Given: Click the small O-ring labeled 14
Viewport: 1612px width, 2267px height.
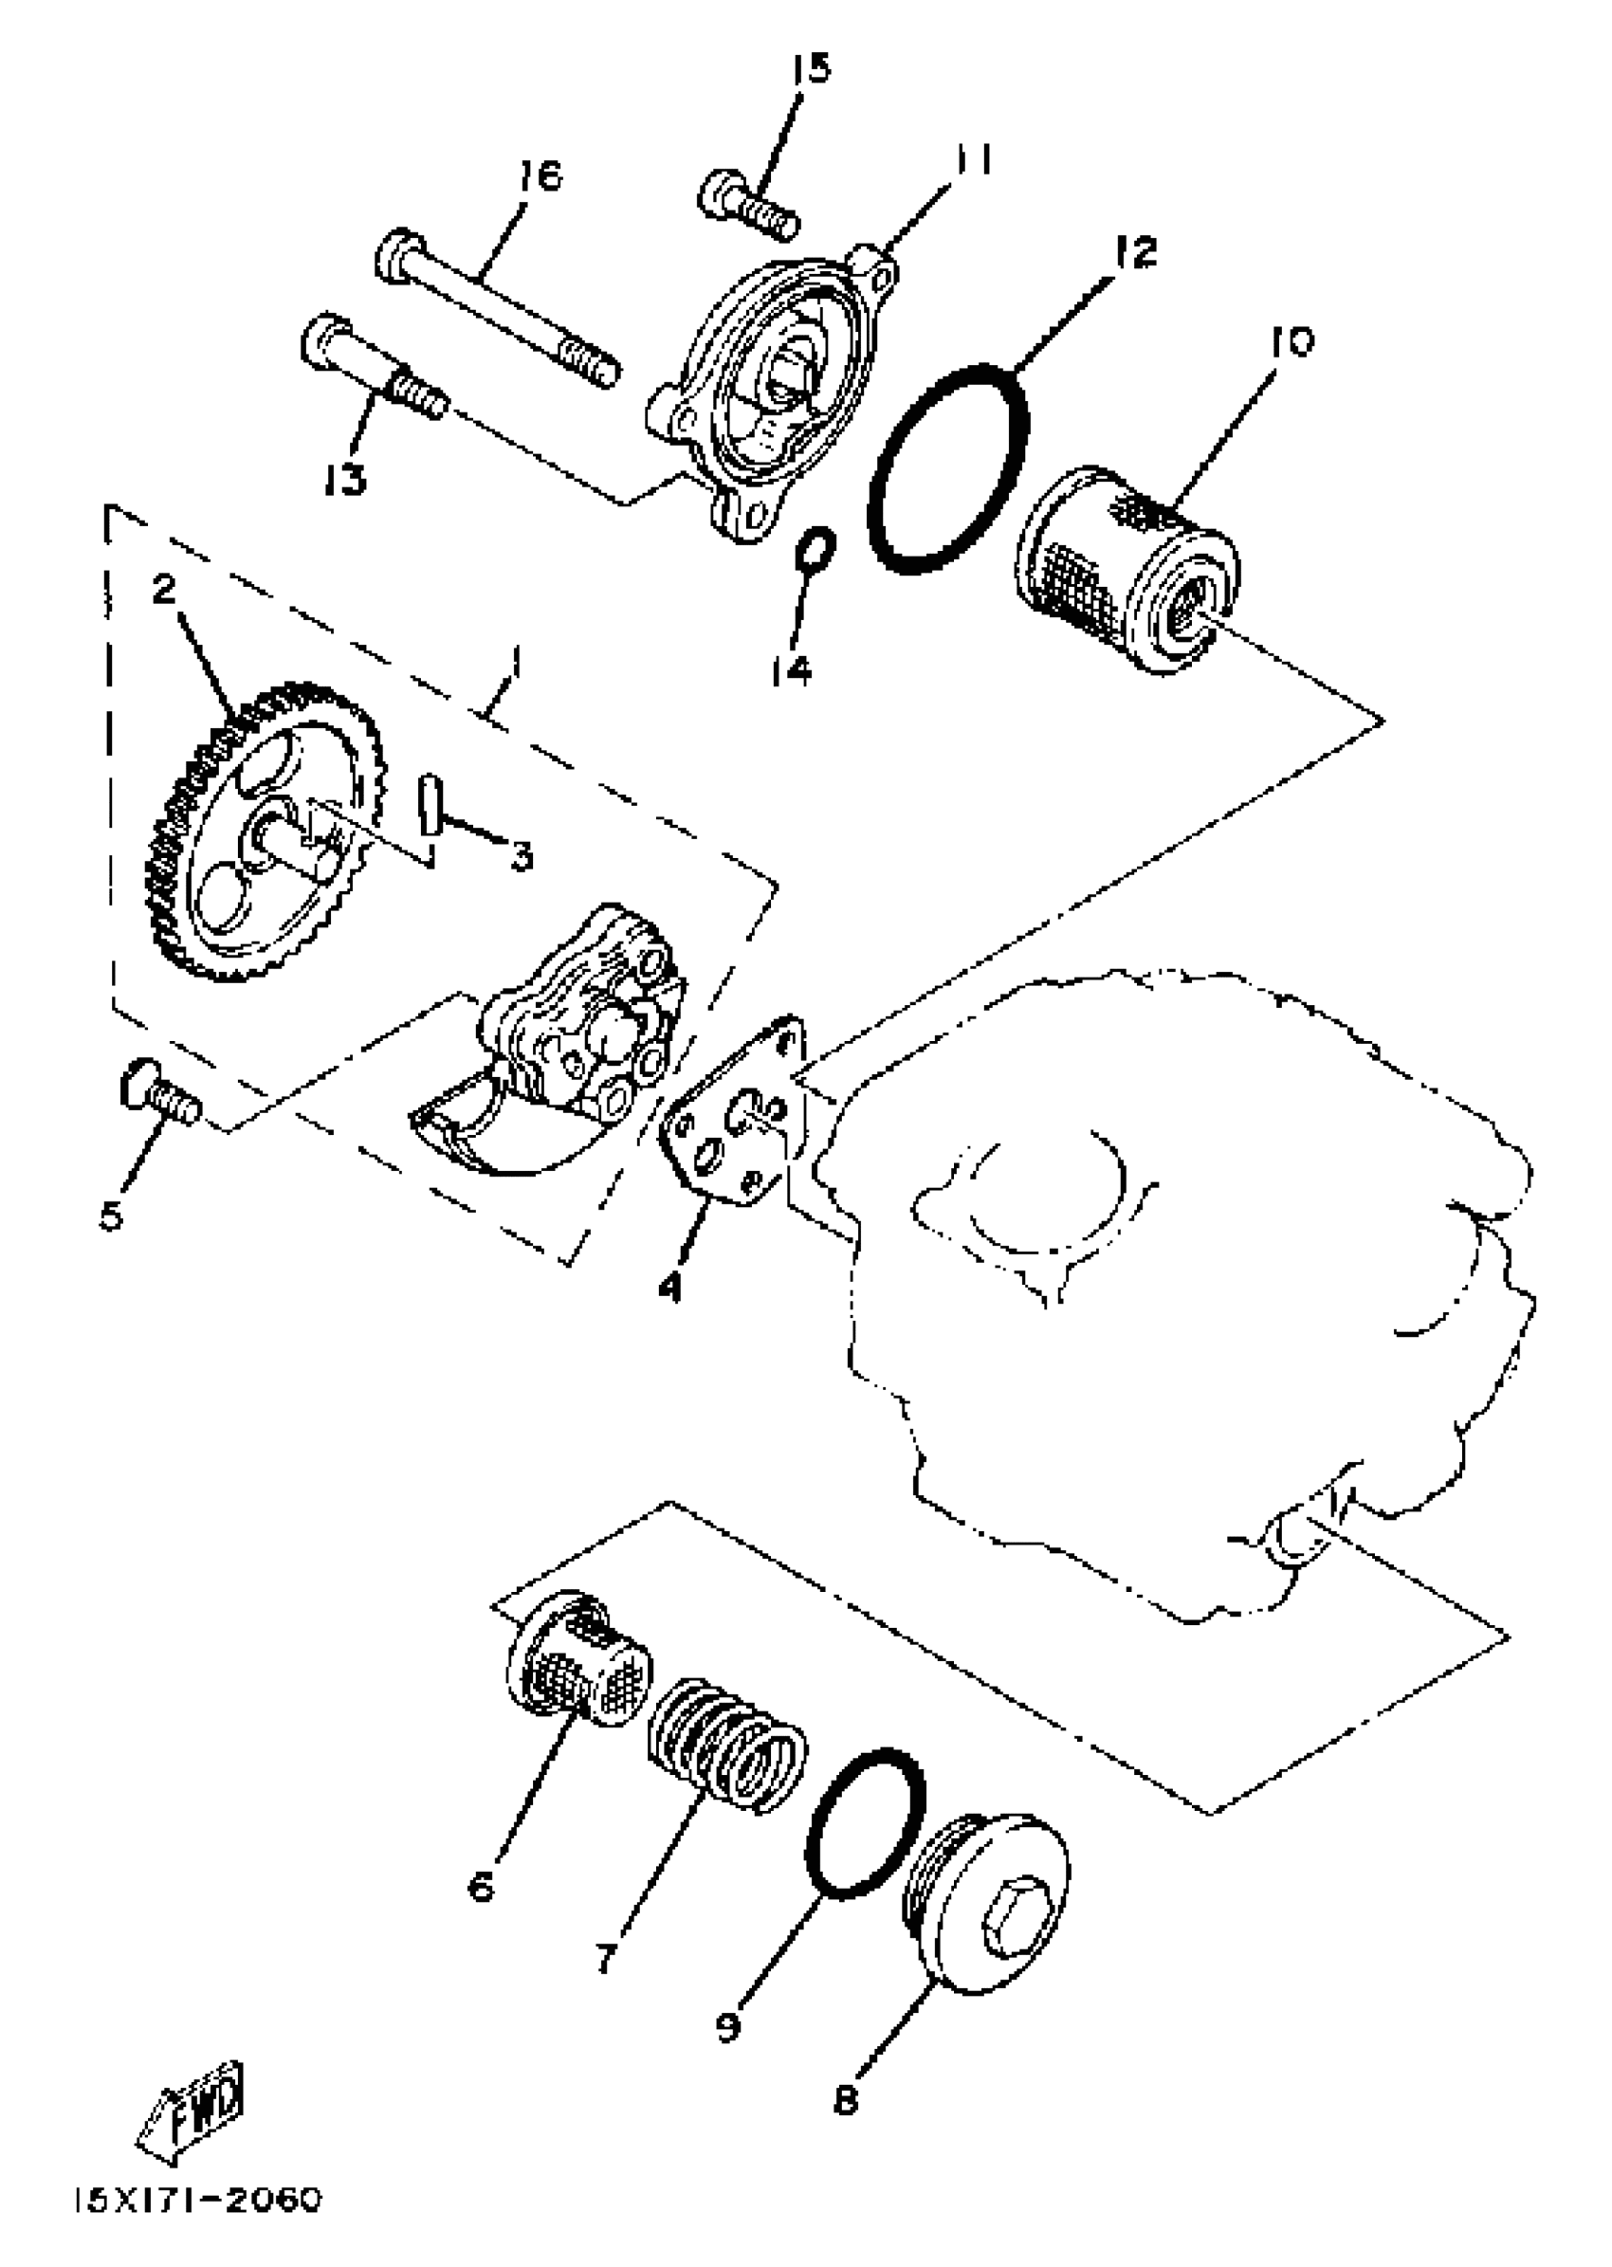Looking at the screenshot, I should point(817,549).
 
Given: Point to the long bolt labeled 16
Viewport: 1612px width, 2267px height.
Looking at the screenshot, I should point(496,310).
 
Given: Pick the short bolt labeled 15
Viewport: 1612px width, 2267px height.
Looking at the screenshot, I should point(747,205).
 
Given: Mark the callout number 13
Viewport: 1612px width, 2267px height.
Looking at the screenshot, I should point(343,478).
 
